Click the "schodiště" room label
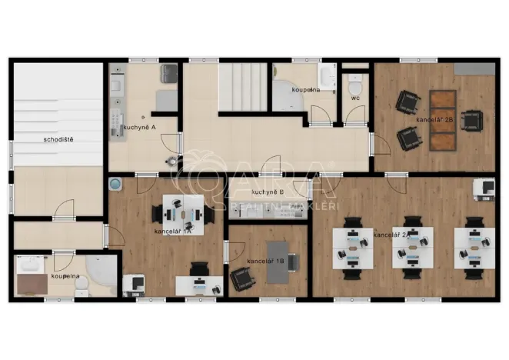coord(58,140)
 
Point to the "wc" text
coord(355,98)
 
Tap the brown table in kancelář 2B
coord(441,119)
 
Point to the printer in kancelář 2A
coord(484,187)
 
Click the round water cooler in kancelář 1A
coord(115,184)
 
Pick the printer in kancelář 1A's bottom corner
coord(133,283)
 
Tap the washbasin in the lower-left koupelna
coord(32,265)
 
